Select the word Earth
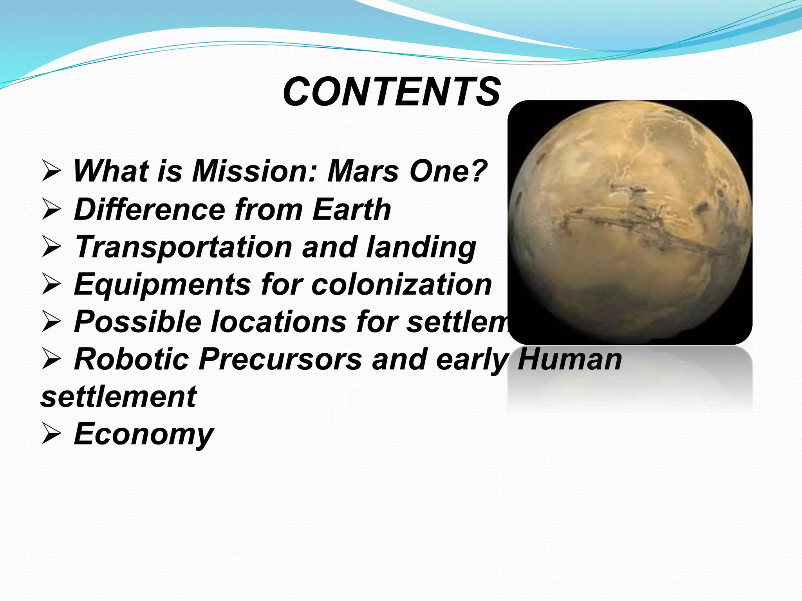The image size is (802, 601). (352, 209)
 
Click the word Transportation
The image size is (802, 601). (183, 247)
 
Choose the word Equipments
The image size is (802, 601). (162, 284)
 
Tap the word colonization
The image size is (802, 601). (401, 284)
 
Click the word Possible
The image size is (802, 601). (137, 322)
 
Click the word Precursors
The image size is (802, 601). (280, 359)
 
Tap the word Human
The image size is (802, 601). (569, 359)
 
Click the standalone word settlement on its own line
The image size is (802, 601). (118, 397)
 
